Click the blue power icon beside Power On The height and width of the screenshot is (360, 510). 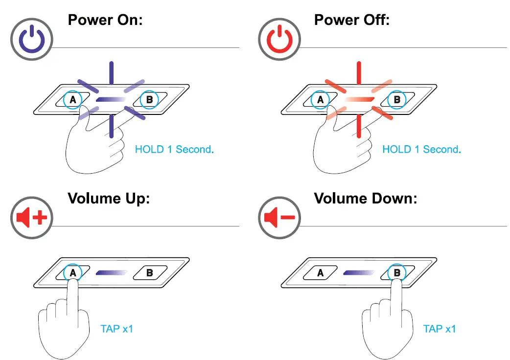pyautogui.click(x=31, y=40)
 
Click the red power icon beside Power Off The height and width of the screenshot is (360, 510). pyautogui.click(x=278, y=40)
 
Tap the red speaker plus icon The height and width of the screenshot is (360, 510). pyautogui.click(x=31, y=218)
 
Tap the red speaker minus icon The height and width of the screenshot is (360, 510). pyautogui.click(x=278, y=218)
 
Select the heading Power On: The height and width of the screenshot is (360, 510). pyautogui.click(x=105, y=20)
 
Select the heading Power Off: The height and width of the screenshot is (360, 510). pyautogui.click(x=352, y=20)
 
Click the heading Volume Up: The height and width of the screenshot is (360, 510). pyautogui.click(x=108, y=198)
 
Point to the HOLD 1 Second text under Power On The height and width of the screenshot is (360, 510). pyautogui.click(x=174, y=149)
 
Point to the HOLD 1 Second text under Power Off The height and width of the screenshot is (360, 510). pyautogui.click(x=421, y=149)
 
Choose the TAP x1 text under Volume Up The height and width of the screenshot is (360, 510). pyautogui.click(x=117, y=329)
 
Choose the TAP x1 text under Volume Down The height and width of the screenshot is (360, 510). pyautogui.click(x=440, y=329)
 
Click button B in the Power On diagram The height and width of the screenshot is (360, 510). pyautogui.click(x=150, y=100)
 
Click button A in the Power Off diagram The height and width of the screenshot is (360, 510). pyautogui.click(x=321, y=100)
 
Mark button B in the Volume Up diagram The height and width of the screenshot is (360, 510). pyautogui.click(x=150, y=272)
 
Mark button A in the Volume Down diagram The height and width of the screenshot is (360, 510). pyautogui.click(x=321, y=272)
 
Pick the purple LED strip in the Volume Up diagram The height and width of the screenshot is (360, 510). pyautogui.click(x=111, y=272)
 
